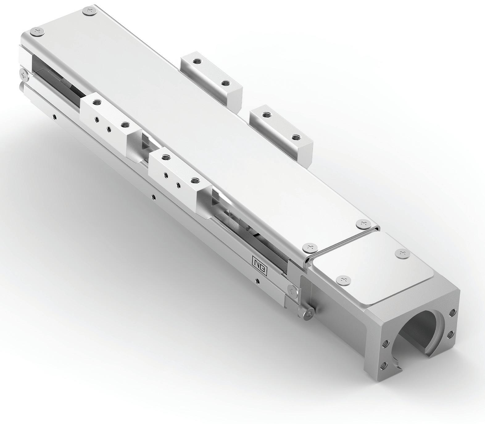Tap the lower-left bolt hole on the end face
point(383,366)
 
